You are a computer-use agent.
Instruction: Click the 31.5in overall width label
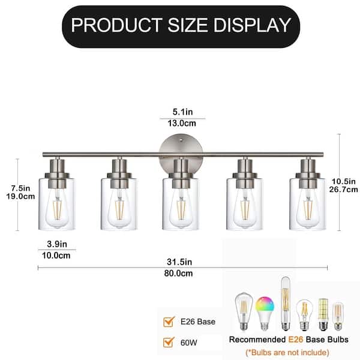tap(179, 262)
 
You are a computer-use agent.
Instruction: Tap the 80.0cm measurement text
tap(179, 274)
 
